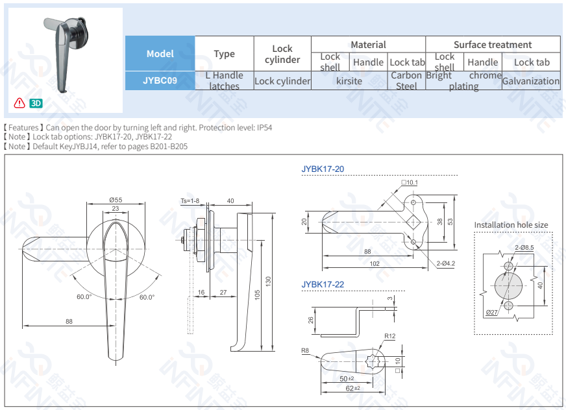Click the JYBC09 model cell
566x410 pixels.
[160, 81]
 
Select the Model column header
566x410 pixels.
[160, 54]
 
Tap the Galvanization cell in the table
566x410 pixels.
[530, 81]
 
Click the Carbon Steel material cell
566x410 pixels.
[406, 80]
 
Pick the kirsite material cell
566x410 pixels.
[349, 81]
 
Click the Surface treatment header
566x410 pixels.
[492, 45]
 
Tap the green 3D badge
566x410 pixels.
[36, 103]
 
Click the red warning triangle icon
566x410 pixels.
[19, 103]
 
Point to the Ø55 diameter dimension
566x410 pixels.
[116, 200]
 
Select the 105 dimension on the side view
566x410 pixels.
[258, 295]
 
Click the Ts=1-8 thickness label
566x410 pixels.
[190, 201]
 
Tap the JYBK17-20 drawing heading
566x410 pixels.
[323, 169]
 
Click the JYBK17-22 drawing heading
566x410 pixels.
[323, 285]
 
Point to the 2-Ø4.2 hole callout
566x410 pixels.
[445, 263]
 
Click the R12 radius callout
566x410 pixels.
[389, 336]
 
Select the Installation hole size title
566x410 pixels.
[511, 225]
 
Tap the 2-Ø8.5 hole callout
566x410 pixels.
[524, 247]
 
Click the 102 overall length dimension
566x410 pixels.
[375, 264]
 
